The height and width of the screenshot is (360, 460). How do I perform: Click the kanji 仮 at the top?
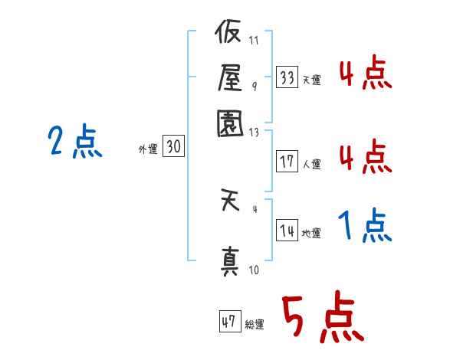tap(228, 31)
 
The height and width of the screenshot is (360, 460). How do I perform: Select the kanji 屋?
tap(230, 77)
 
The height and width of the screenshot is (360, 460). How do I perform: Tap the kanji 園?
tap(230, 123)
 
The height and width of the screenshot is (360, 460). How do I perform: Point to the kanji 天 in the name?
tap(230, 200)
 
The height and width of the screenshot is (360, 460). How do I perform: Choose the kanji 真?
tap(230, 261)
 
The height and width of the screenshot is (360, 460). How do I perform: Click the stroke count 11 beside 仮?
tap(254, 40)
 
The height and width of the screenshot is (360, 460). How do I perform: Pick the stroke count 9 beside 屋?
tap(255, 86)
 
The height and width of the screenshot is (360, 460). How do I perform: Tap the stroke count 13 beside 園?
tap(254, 133)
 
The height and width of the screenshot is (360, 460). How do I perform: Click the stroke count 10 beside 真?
tap(254, 270)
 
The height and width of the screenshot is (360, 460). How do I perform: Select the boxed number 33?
tap(287, 77)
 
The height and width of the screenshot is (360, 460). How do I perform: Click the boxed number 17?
tap(287, 161)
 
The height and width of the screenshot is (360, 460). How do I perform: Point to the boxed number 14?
tap(287, 230)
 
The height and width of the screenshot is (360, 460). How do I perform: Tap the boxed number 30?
tap(173, 146)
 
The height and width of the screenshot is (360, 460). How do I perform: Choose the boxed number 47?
tap(230, 321)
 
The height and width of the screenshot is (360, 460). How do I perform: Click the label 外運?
tap(148, 149)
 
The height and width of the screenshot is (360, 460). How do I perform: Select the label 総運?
tap(255, 324)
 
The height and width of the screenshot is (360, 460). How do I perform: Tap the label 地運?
tap(311, 234)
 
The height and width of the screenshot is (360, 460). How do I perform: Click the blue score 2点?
tap(75, 141)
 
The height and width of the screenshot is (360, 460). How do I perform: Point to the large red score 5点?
tap(323, 316)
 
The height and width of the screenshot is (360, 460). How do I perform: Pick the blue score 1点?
tap(365, 225)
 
